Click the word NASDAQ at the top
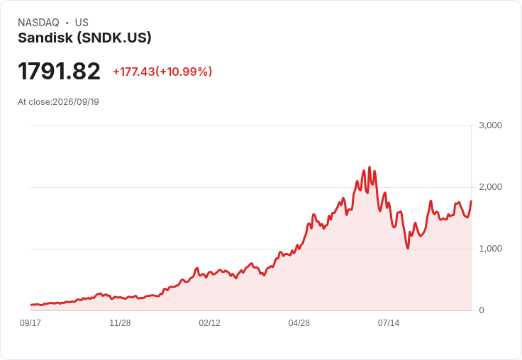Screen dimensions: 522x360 [38, 23]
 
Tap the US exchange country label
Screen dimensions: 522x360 [82, 23]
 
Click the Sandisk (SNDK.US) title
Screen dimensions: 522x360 [84, 38]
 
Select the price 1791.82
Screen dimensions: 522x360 [59, 71]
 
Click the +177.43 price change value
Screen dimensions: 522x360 [134, 72]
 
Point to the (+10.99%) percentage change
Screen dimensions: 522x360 [184, 72]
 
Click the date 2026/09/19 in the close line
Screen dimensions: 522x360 [76, 102]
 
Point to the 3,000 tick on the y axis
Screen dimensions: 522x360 [490, 125]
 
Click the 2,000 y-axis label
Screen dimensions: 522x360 [490, 187]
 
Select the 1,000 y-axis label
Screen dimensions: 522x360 [490, 249]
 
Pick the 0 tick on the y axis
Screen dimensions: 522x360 [482, 310]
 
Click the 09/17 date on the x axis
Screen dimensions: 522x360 [30, 323]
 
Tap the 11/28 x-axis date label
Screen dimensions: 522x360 [120, 323]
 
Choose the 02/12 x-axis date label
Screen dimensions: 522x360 [209, 323]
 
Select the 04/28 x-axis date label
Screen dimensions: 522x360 [299, 323]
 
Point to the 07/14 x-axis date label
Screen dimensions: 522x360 [389, 323]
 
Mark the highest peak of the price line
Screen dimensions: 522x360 [370, 167]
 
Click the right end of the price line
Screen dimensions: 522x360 [471, 201]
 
